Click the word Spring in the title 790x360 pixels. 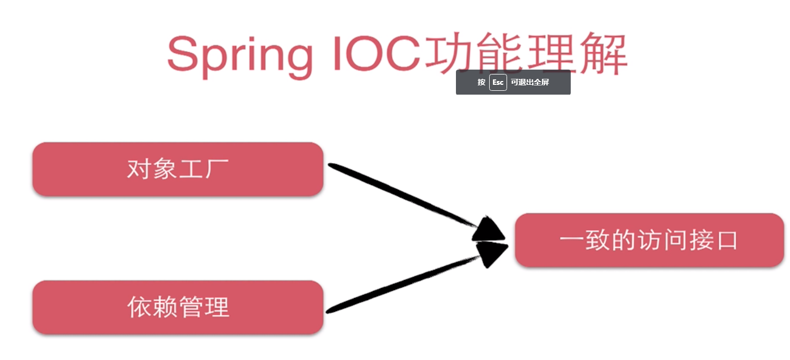tap(239, 54)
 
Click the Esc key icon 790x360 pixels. tap(498, 82)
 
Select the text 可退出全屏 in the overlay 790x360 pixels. tap(530, 82)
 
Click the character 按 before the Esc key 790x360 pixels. tap(482, 82)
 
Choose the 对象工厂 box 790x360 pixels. tap(178, 169)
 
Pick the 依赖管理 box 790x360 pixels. tap(178, 307)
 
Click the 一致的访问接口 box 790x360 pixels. tap(649, 240)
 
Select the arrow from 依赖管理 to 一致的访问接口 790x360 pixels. tap(403, 283)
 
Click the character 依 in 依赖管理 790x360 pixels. tap(139, 307)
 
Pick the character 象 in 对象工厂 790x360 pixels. tap(165, 169)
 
